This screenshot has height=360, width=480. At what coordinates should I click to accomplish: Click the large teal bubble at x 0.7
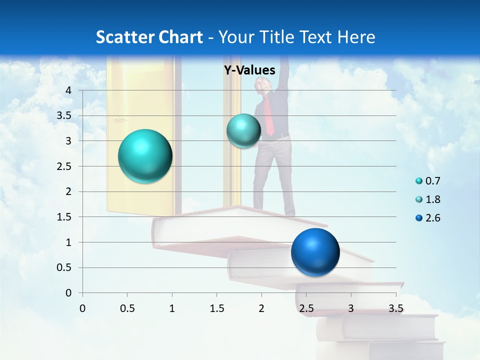[145, 156]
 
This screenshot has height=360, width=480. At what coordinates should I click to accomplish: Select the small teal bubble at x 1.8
[243, 131]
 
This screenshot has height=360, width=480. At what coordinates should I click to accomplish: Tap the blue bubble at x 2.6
[315, 252]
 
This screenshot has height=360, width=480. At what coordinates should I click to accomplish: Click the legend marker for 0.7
[419, 181]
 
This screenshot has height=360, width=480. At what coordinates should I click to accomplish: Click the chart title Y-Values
[249, 70]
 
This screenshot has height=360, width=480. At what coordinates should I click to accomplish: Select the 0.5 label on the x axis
[127, 308]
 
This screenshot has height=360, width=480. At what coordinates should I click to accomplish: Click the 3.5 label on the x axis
[395, 308]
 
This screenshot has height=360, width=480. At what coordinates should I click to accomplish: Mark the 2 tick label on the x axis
[261, 308]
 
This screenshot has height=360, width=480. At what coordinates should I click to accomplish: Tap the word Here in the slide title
[356, 37]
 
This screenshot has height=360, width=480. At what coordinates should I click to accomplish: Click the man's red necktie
[269, 116]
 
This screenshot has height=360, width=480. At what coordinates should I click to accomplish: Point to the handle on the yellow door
[118, 120]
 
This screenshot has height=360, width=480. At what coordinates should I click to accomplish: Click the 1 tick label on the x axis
[172, 308]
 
